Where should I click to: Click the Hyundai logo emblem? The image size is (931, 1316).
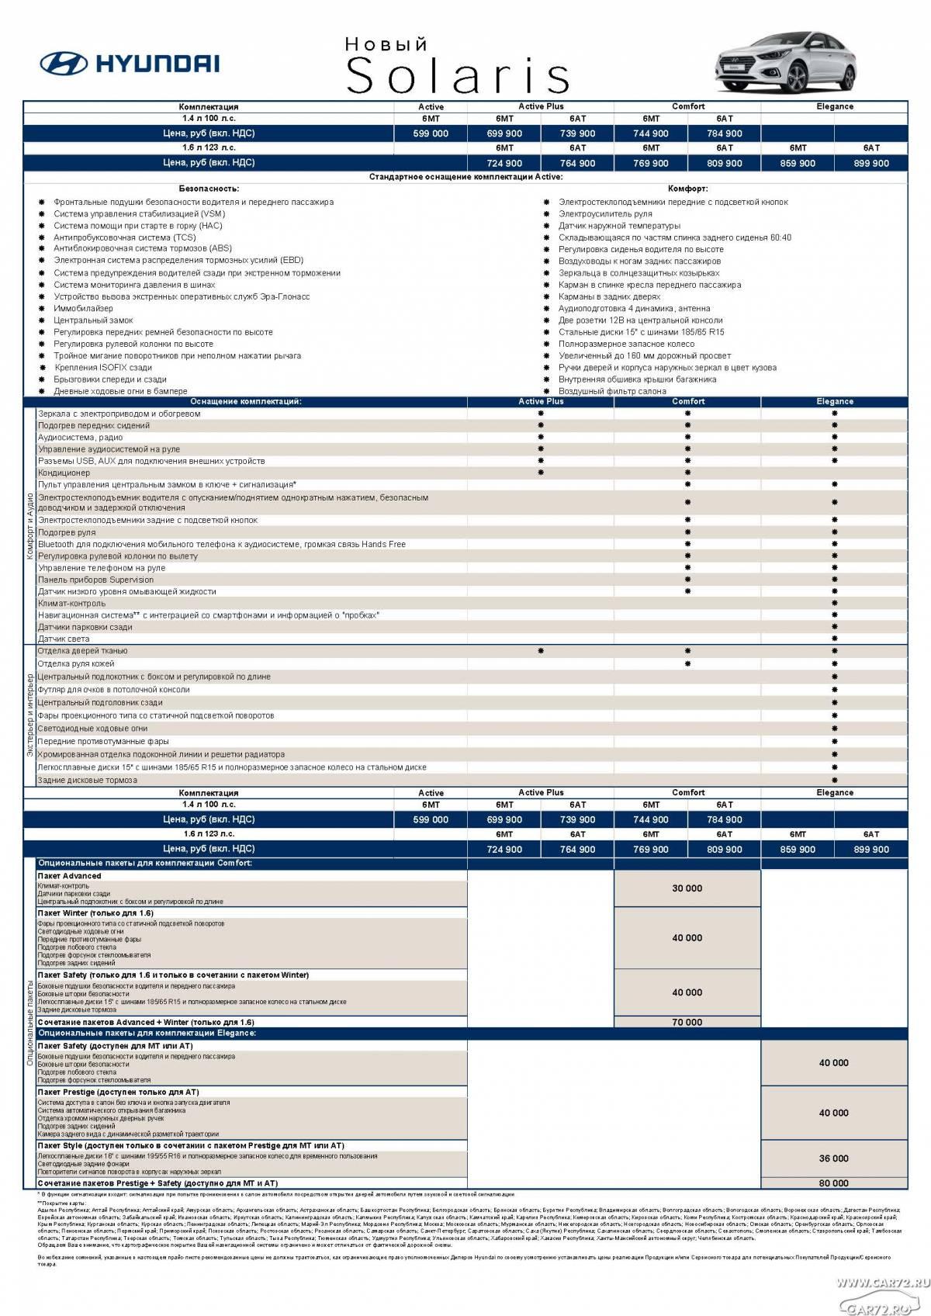tap(64, 63)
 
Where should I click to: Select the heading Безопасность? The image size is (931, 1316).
tap(209, 189)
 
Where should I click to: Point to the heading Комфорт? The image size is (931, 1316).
tap(687, 189)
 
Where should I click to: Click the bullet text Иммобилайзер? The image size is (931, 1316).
tap(83, 308)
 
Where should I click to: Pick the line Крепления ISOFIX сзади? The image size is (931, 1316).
tap(103, 368)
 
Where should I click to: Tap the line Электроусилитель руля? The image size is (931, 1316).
tap(605, 213)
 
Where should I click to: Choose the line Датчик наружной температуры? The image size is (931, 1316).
tap(619, 226)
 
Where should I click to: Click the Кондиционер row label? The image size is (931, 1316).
tap(64, 473)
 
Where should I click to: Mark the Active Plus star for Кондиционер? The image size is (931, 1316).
tap(541, 473)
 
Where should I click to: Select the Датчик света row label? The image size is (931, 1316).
tap(64, 639)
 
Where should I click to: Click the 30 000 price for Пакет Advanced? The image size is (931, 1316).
tap(687, 888)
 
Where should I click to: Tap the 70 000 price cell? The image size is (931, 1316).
tap(687, 1022)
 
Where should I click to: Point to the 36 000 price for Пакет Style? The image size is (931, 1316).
tap(833, 1158)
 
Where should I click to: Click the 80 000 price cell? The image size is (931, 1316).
tap(833, 1183)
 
